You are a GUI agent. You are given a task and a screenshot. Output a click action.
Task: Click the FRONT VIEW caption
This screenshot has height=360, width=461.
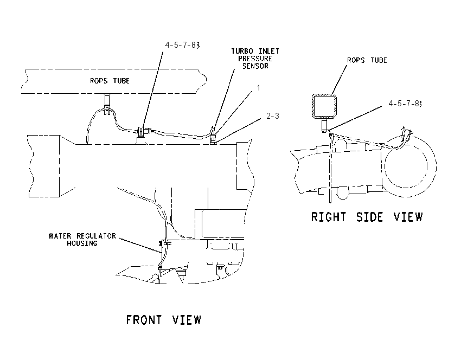[164, 320]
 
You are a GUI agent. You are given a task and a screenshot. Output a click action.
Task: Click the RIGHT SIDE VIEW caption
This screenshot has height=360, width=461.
[367, 217]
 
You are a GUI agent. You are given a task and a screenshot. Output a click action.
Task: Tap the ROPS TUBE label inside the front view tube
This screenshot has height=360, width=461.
[110, 81]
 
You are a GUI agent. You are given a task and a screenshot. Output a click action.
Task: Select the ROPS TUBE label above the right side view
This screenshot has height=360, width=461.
[367, 60]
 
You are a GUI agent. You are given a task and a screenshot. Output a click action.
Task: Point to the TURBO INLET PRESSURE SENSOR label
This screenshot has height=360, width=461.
[255, 59]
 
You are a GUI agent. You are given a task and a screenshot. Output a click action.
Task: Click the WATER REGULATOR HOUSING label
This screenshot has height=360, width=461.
[82, 240]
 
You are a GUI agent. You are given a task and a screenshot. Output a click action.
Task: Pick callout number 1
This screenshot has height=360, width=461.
[258, 88]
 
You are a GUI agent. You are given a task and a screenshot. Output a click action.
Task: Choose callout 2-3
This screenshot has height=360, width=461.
[273, 116]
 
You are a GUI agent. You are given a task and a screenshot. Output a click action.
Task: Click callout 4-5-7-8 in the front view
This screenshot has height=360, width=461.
[182, 45]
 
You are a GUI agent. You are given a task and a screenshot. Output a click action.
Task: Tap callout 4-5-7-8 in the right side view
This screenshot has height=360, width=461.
[405, 104]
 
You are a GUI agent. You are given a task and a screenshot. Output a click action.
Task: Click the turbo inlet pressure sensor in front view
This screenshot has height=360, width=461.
[213, 135]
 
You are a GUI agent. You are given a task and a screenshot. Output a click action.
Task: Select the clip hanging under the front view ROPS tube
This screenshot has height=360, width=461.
[107, 105]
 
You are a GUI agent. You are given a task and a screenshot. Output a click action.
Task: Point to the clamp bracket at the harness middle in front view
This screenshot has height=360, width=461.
[143, 132]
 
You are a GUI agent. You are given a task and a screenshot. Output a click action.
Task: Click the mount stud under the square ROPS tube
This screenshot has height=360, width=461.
[324, 125]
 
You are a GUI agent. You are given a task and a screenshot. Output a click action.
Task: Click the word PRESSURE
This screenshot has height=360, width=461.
[255, 59]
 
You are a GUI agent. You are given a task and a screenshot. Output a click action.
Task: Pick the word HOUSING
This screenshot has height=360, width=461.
[82, 243]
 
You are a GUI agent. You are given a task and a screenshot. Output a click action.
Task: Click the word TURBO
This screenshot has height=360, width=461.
[242, 51]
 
